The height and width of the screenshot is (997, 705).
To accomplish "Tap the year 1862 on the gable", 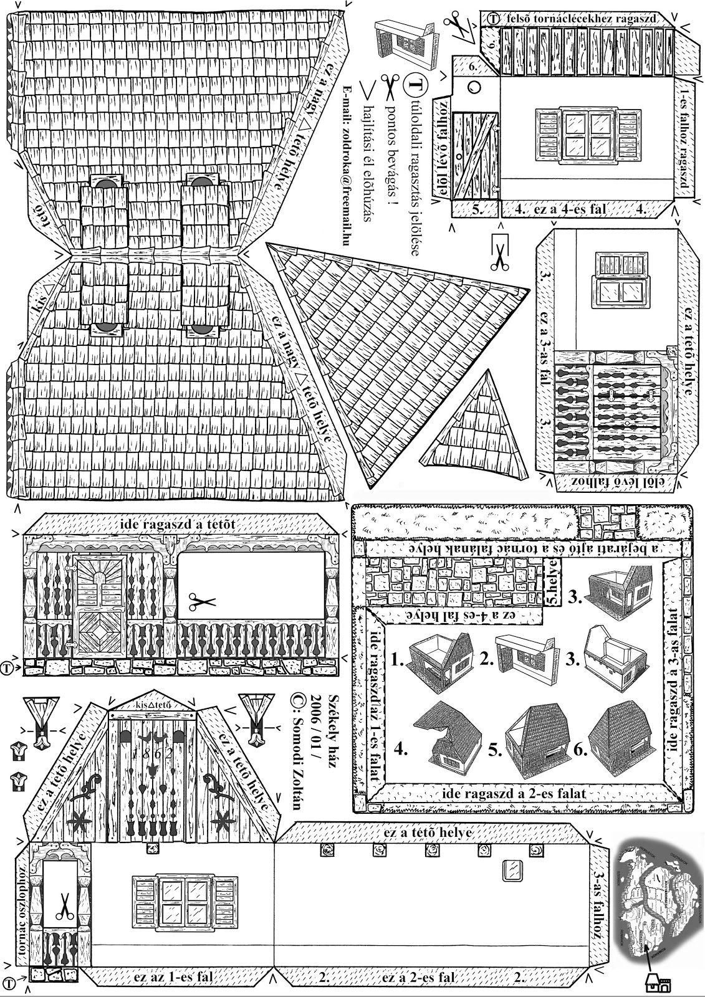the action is point(151,753).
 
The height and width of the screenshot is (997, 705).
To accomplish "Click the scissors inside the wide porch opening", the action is point(201,603).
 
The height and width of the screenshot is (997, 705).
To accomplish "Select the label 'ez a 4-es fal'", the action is point(570,209).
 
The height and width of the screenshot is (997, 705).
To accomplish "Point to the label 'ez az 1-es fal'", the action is point(166,977).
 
